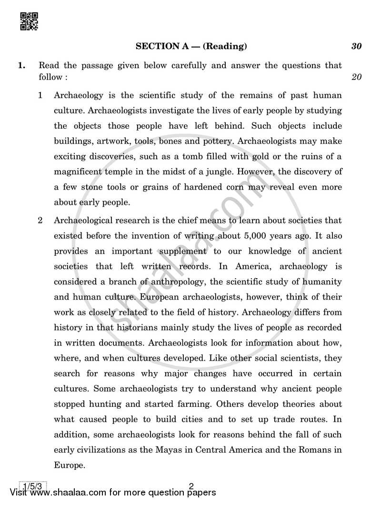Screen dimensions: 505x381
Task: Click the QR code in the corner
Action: [29, 21]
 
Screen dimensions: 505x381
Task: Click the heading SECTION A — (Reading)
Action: [191, 46]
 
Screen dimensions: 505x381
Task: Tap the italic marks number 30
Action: [356, 46]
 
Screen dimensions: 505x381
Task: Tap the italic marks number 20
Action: [356, 77]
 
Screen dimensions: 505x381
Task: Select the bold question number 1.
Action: [22, 65]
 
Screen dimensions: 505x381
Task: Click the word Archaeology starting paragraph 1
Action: [79, 95]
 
